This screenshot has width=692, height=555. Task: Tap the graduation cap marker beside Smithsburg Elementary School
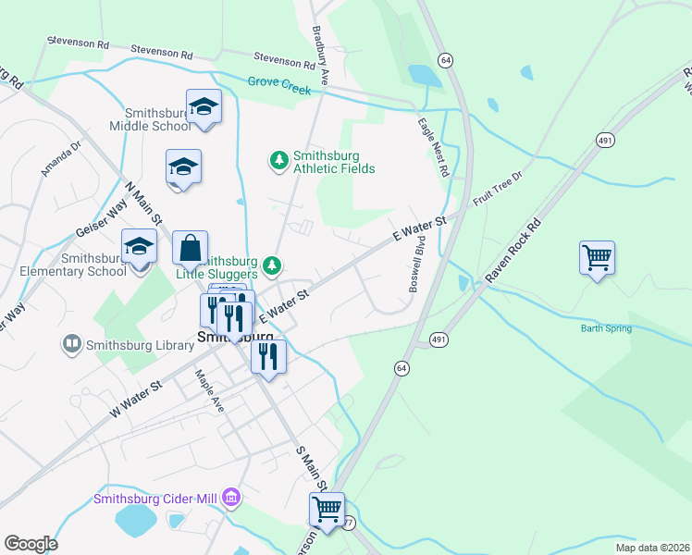coord(140,247)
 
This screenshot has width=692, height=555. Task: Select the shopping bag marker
coord(190,249)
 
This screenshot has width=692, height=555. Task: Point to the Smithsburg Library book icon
coord(72,345)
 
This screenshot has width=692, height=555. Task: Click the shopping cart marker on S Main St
coord(327,509)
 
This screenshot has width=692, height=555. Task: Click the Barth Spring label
coord(606,328)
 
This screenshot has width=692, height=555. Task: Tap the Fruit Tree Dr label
coord(498,188)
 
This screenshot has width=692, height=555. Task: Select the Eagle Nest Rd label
coord(432,147)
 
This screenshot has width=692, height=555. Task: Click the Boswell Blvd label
coord(417,264)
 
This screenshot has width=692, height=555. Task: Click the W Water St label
coord(135,397)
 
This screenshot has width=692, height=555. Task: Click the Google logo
coord(31,544)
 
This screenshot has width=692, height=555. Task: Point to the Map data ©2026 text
coord(651,548)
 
